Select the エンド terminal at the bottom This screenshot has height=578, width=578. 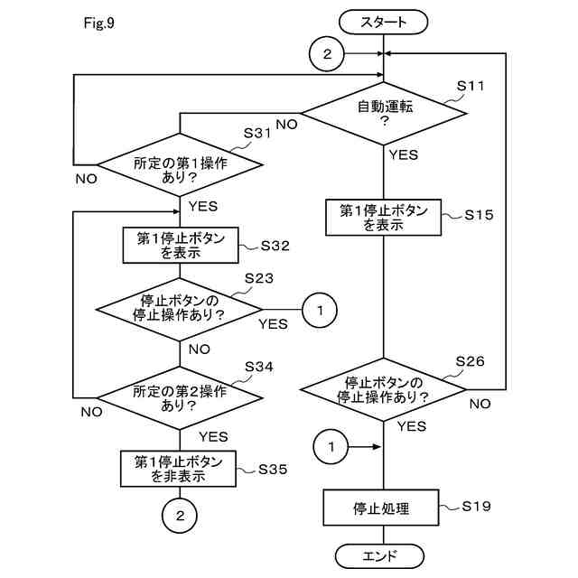pos(379,555)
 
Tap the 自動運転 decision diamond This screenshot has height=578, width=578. pos(384,112)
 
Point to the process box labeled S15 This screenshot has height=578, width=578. pos(384,218)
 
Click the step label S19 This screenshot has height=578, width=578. pos(476,506)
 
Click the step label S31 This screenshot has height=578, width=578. pos(258,133)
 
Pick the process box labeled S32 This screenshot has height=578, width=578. pos(181,246)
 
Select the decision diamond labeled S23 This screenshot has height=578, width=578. pos(180,310)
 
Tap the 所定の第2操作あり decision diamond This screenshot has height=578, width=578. pos(180,397)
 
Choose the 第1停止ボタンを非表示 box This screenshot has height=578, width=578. pos(180,469)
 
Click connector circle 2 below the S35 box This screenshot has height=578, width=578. pos(180,516)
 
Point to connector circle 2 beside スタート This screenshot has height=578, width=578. pos(327,54)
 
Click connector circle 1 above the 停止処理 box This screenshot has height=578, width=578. pos(331,446)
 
